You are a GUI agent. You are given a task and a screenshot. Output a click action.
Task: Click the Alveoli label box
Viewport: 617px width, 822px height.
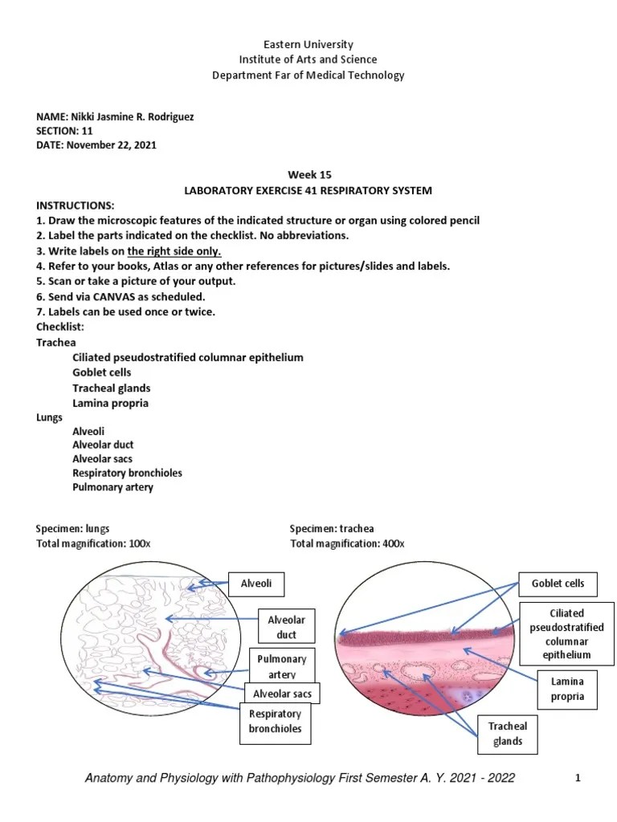pyautogui.click(x=257, y=584)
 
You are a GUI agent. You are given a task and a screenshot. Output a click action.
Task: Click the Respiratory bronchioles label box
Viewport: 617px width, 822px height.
pyautogui.click(x=276, y=722)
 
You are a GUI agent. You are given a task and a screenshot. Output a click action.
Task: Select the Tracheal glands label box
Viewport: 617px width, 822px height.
pyautogui.click(x=508, y=734)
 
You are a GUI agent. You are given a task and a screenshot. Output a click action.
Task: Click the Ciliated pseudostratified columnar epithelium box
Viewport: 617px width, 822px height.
pyautogui.click(x=567, y=633)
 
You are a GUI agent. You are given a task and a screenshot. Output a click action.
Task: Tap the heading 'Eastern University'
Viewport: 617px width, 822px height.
pyautogui.click(x=308, y=45)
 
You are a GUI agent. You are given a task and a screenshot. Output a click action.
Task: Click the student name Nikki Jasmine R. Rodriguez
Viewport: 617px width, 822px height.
pyautogui.click(x=133, y=116)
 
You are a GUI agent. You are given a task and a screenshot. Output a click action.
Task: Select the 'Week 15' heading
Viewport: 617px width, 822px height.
pyautogui.click(x=308, y=175)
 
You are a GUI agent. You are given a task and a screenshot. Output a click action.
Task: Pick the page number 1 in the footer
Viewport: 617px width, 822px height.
pyautogui.click(x=577, y=778)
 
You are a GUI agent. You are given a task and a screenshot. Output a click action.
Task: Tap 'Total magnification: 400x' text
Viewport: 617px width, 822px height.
pyautogui.click(x=347, y=543)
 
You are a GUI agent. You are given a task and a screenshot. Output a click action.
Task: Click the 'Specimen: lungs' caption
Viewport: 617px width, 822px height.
pyautogui.click(x=72, y=529)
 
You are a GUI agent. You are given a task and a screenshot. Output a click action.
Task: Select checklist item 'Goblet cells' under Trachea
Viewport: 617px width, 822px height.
pyautogui.click(x=102, y=372)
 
